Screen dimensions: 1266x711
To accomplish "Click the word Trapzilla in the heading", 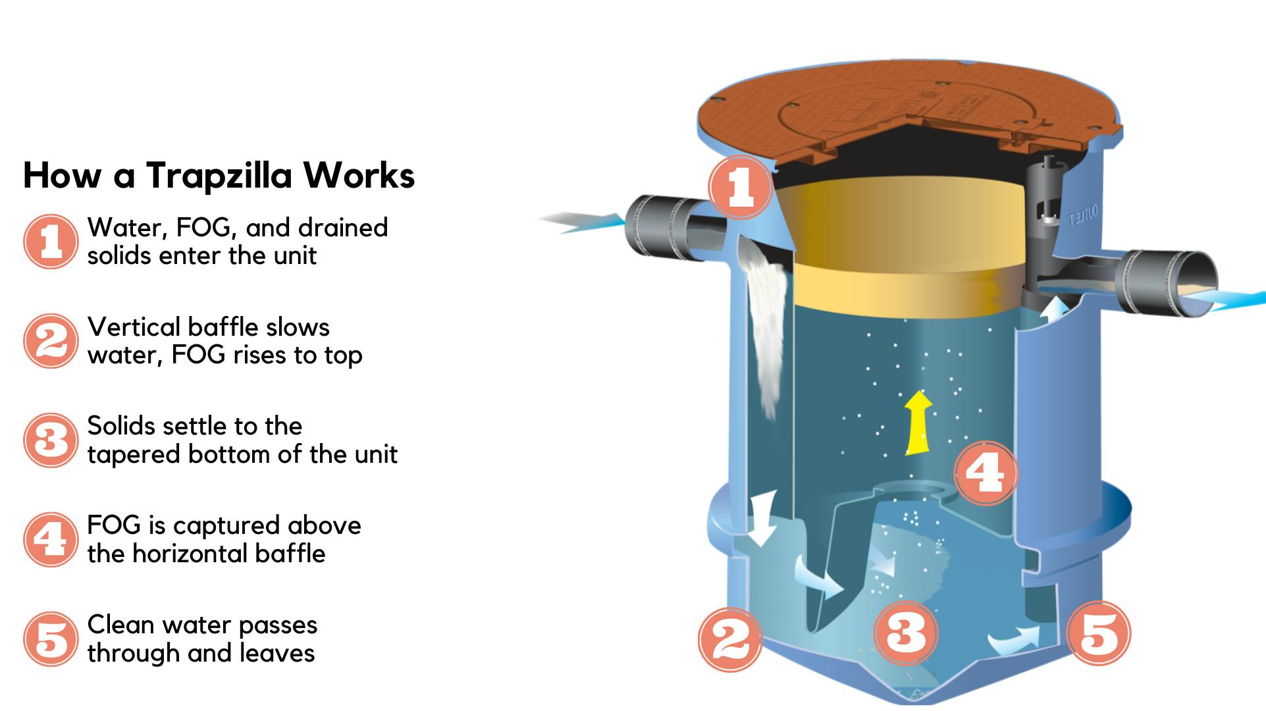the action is click(x=219, y=176).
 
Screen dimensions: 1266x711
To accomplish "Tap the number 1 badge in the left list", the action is click(x=51, y=242).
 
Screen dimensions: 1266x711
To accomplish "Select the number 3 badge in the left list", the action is click(x=51, y=440).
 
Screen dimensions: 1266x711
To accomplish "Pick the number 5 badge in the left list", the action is click(x=51, y=639).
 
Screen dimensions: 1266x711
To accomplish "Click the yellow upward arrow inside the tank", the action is click(x=915, y=423).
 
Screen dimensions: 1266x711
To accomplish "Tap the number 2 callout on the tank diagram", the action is click(x=730, y=639).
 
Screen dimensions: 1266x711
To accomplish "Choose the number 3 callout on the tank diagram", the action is click(x=906, y=633).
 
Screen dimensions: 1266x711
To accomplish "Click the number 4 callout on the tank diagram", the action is click(x=986, y=473).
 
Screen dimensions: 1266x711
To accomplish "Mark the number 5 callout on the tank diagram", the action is click(x=1099, y=633).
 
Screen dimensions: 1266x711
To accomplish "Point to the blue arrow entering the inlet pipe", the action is click(x=581, y=222).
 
